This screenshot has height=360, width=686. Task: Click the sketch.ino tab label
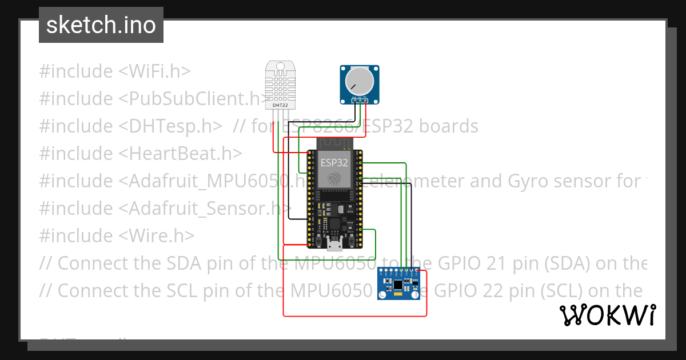coord(101,25)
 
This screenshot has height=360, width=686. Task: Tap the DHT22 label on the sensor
coord(280,105)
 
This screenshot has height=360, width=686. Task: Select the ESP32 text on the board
coord(334,162)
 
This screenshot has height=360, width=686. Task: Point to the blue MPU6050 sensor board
coord(399,284)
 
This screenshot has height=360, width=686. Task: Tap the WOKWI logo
coord(608,315)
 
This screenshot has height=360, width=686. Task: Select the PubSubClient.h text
coord(197,99)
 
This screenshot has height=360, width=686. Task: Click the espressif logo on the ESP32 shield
coord(334,179)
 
